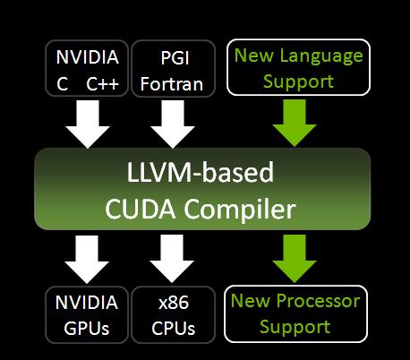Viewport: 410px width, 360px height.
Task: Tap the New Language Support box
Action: pos(298,68)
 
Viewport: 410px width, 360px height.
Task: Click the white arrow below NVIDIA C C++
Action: pos(88,123)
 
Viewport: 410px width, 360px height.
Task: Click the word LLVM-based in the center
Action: pos(201,174)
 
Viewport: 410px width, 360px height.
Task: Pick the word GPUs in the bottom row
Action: pos(87,327)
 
